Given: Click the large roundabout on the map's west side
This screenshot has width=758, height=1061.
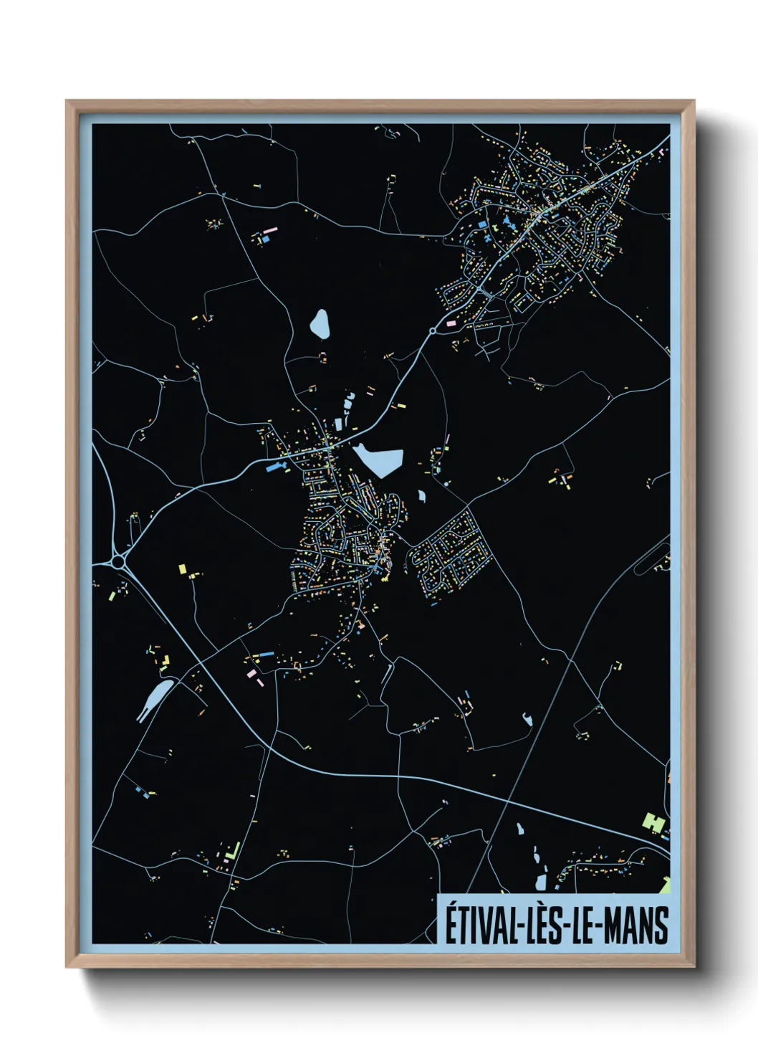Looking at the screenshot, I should pos(119,561).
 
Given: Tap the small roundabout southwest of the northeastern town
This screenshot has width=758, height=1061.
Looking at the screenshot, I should pos(433,330).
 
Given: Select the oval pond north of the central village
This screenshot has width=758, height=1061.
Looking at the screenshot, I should pos(320,324).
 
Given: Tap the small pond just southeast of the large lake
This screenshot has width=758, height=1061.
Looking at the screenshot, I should pos(421,495).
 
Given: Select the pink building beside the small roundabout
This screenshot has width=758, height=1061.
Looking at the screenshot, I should pos(451,323).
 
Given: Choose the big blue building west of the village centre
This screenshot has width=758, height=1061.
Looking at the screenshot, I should pos(275,467).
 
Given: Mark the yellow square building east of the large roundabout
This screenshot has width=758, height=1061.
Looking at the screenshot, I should pos(183,569).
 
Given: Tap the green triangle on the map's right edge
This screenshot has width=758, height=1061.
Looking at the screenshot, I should pos(666,885).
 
